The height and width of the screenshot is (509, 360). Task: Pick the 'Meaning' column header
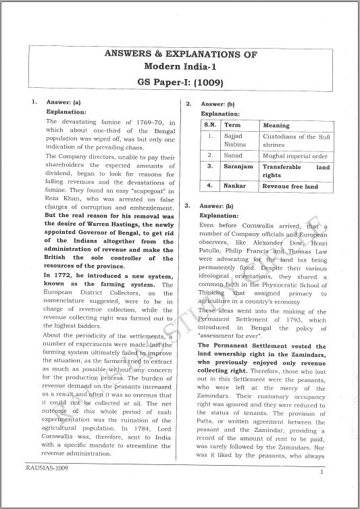click(x=276, y=126)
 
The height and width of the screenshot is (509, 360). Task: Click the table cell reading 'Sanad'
click(x=233, y=155)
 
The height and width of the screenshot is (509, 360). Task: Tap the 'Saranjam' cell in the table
click(x=239, y=166)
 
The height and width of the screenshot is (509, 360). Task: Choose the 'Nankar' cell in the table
click(x=234, y=186)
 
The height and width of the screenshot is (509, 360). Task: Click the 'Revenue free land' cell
click(x=290, y=186)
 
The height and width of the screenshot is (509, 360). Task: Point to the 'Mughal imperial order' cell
click(x=295, y=155)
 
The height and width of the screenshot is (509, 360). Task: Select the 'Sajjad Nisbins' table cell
click(x=236, y=140)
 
